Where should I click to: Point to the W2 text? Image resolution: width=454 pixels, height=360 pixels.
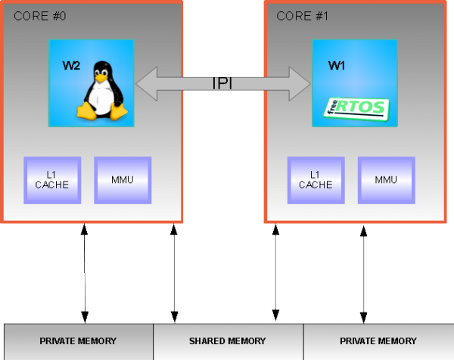(71, 66)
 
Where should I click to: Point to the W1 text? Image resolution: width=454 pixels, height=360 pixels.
(337, 66)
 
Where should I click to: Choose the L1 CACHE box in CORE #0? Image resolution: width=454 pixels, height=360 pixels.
(52, 180)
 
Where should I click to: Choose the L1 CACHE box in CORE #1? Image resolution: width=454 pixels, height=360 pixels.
(316, 180)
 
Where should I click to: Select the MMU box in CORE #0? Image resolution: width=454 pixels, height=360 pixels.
(122, 180)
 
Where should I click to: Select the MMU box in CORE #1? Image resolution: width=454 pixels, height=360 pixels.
(386, 180)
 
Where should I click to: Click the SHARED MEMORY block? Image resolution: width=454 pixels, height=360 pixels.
(228, 341)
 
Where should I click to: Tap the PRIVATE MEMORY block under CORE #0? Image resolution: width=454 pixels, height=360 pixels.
(79, 341)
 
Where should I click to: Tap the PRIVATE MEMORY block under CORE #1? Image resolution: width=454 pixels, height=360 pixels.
(378, 341)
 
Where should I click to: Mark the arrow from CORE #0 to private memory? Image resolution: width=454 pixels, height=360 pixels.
(85, 273)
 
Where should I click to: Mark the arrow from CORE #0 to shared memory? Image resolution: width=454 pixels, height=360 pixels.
(175, 273)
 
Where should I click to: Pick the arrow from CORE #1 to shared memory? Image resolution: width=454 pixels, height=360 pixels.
(275, 273)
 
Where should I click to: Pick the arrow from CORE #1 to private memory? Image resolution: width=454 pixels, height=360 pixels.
(364, 273)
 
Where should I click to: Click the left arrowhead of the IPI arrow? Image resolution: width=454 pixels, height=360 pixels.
(145, 82)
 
